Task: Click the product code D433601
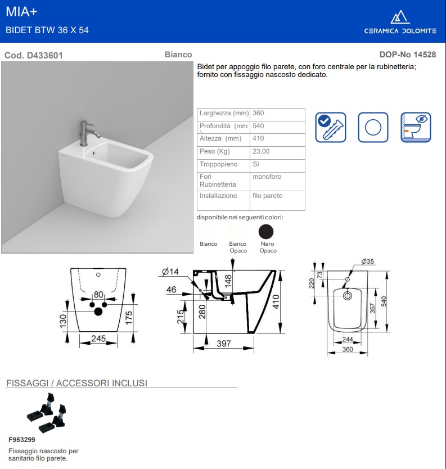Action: [33, 55]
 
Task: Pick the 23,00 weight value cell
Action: [262, 151]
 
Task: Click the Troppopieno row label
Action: [219, 164]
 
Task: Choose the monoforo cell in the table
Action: [267, 177]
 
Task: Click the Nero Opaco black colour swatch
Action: [266, 231]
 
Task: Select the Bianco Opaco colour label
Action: [238, 247]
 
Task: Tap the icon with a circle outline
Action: [373, 127]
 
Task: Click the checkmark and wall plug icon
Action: [331, 127]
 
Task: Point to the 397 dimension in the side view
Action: [224, 344]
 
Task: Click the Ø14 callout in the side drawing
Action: [170, 272]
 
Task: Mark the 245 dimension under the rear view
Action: [100, 339]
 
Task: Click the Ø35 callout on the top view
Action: [368, 261]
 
